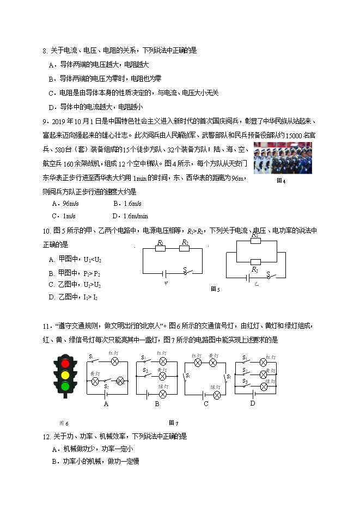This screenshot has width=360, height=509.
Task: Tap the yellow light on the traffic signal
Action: click(x=66, y=375)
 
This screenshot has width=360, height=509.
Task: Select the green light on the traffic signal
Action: click(x=66, y=386)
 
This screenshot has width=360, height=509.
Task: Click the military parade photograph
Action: click(x=283, y=158)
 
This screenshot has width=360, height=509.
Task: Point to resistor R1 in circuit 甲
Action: click(x=160, y=249)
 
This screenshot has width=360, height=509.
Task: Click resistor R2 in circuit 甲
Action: click(x=185, y=249)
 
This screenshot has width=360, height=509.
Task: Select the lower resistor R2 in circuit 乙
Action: click(x=255, y=262)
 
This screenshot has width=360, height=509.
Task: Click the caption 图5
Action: click(x=215, y=289)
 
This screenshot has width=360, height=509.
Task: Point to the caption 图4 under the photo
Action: click(x=281, y=181)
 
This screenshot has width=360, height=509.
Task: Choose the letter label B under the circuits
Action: click(x=157, y=404)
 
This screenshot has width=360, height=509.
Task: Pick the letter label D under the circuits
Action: click(x=253, y=403)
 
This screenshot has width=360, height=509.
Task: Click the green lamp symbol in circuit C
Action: click(x=216, y=395)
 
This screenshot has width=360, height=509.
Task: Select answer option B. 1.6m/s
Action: click(x=127, y=204)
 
